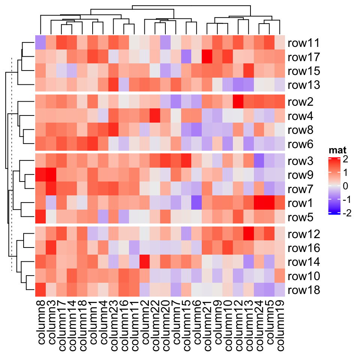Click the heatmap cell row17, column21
click(x=207, y=57)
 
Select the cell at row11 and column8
click(x=40, y=43)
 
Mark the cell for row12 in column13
click(x=248, y=234)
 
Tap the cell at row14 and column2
click(x=144, y=262)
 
